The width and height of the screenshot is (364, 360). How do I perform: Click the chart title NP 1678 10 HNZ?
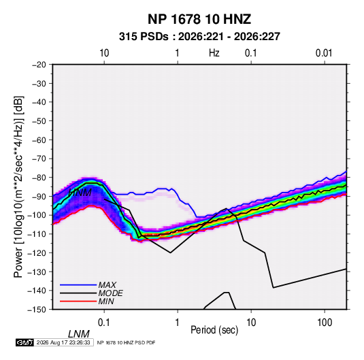click(199, 19)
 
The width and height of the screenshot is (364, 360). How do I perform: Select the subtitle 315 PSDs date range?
click(199, 37)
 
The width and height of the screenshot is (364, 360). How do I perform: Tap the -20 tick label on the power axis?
click(39, 65)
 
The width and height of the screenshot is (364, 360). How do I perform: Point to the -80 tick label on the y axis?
click(39, 178)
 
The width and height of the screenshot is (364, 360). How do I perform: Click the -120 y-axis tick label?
click(37, 252)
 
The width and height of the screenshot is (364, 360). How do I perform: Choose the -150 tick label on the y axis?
click(37, 310)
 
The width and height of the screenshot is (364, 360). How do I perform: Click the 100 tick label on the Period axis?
click(325, 323)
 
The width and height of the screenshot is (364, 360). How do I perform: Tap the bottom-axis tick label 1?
click(178, 323)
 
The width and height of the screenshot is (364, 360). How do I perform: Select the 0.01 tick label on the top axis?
click(324, 53)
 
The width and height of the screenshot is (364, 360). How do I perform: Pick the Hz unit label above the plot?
click(214, 53)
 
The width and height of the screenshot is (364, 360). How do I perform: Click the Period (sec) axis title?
click(214, 330)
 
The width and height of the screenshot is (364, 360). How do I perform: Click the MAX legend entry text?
click(107, 285)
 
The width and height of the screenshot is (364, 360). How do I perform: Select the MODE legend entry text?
click(110, 293)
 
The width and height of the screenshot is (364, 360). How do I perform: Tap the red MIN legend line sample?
click(78, 301)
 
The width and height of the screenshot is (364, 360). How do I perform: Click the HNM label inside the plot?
click(80, 193)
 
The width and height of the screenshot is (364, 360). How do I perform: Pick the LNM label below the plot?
click(79, 334)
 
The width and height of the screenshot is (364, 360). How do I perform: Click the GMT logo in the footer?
click(24, 342)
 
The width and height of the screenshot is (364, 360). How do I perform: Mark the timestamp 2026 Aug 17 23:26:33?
click(63, 342)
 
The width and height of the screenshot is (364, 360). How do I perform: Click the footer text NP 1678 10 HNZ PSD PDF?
click(126, 342)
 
